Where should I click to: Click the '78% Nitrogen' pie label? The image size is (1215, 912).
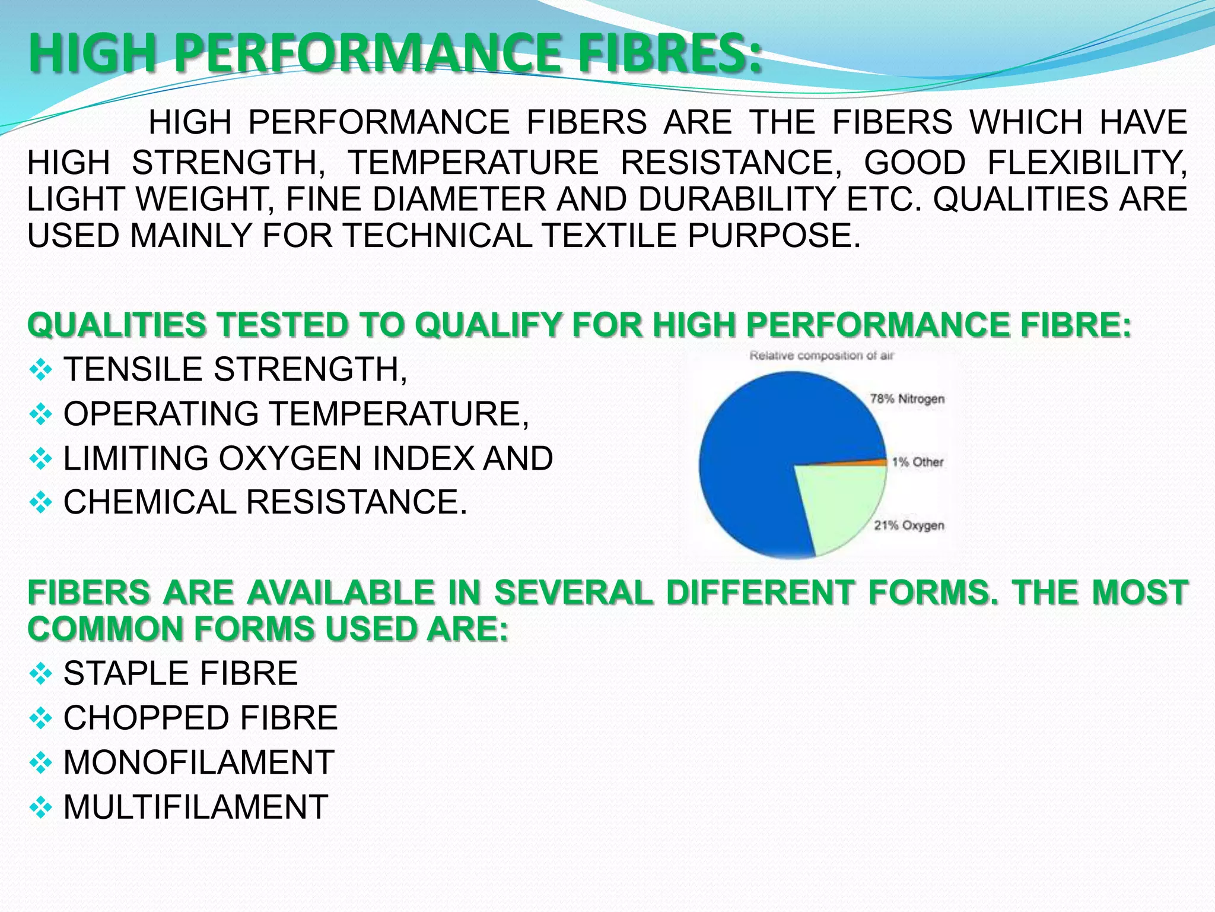(907, 398)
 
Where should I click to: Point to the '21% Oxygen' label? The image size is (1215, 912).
(908, 525)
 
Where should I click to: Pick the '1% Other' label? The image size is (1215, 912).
(917, 462)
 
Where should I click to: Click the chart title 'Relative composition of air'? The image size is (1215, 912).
(821, 356)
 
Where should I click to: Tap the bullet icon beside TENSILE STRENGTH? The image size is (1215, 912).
(40, 370)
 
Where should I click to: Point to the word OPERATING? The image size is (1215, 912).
(161, 414)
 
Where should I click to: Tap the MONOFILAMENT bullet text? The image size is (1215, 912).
(199, 762)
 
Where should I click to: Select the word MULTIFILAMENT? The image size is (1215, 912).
(196, 807)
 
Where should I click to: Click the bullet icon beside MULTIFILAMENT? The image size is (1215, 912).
(40, 807)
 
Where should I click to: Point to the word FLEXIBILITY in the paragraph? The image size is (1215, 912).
(1087, 163)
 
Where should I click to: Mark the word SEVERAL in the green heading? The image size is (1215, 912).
(574, 593)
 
